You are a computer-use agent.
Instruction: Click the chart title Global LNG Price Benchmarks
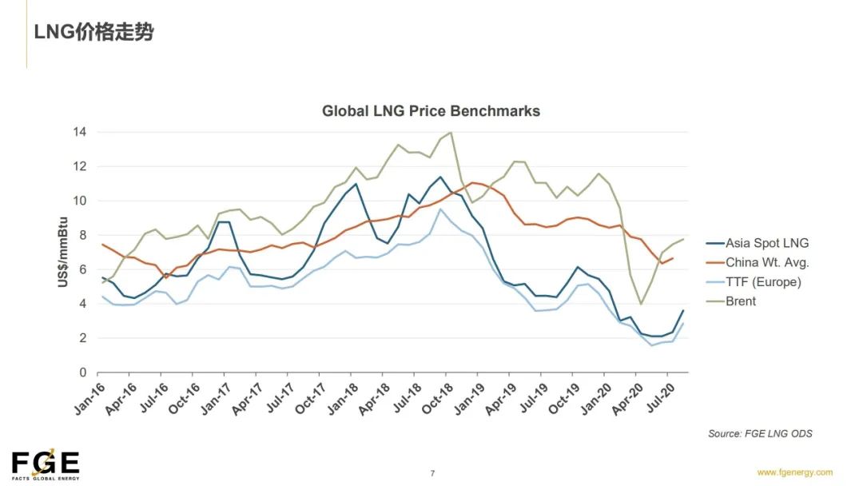tap(431, 111)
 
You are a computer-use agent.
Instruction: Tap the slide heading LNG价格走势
tap(93, 33)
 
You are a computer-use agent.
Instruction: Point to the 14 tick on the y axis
tap(81, 132)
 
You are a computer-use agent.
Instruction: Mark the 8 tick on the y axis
tap(83, 235)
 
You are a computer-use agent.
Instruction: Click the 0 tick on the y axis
tap(83, 372)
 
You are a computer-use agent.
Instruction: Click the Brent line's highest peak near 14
tap(451, 133)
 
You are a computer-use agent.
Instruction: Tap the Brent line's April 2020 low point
tap(641, 304)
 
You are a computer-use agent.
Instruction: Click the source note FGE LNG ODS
tap(759, 433)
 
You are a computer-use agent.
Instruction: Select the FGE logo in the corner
tap(46, 464)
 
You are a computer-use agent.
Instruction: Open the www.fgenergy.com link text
tap(794, 472)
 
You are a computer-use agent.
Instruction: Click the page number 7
tap(432, 473)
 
